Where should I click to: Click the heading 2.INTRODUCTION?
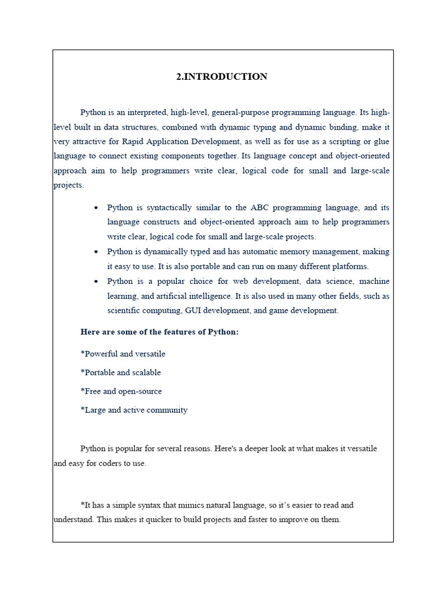pyautogui.click(x=222, y=77)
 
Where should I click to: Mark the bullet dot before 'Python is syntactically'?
pyautogui.click(x=95, y=208)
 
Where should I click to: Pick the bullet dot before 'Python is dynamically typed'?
pyautogui.click(x=95, y=252)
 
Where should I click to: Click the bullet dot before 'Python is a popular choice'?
pyautogui.click(x=95, y=282)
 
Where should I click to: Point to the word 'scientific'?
pyautogui.click(x=125, y=310)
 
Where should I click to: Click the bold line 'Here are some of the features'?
pyautogui.click(x=160, y=332)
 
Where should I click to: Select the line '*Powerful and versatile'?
pyautogui.click(x=123, y=354)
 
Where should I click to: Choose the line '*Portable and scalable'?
pyautogui.click(x=121, y=372)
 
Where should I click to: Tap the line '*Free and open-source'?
pyautogui.click(x=121, y=391)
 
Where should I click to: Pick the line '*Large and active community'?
pyautogui.click(x=134, y=410)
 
